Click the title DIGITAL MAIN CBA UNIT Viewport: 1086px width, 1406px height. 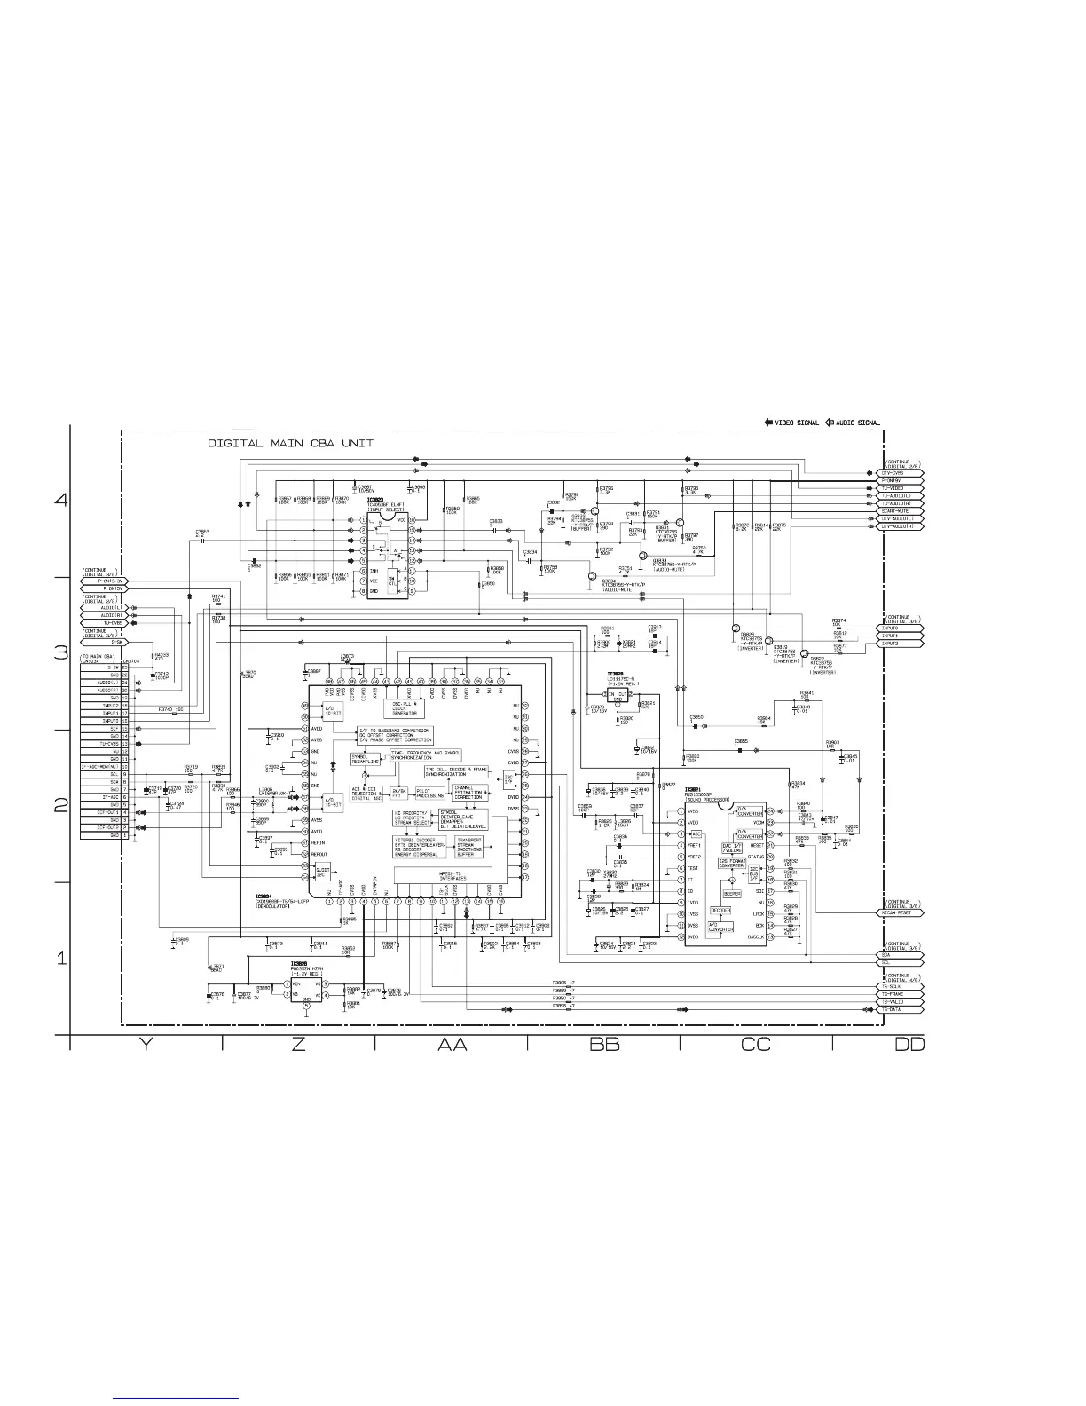(x=291, y=444)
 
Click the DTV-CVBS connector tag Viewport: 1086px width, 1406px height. (x=901, y=473)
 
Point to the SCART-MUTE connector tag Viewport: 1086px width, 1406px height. (x=901, y=511)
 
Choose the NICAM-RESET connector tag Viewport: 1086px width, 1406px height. (x=901, y=912)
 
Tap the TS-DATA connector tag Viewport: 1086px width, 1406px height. (x=901, y=1010)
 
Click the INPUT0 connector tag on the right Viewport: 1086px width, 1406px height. (x=901, y=628)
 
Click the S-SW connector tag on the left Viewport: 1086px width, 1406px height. (x=105, y=642)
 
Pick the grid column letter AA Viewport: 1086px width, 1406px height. (x=452, y=1046)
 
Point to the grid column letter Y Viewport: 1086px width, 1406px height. (x=145, y=1046)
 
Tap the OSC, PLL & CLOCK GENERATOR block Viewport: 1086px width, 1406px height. (x=407, y=708)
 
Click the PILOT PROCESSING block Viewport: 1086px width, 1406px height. (x=429, y=794)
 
